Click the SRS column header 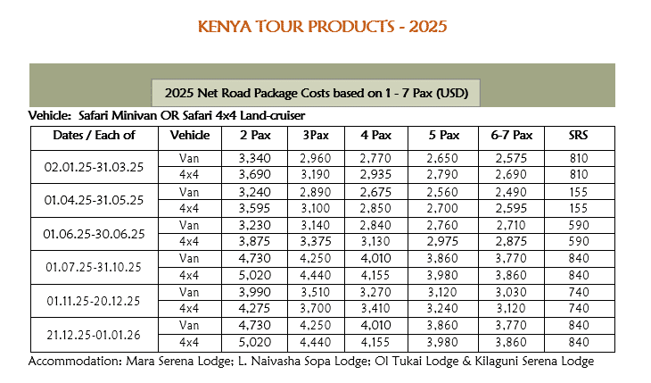(x=578, y=136)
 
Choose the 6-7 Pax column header (x=511, y=136)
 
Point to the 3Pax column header (x=315, y=136)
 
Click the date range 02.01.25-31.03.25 (x=94, y=166)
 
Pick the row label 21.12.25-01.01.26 (x=94, y=335)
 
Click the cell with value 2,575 (x=511, y=158)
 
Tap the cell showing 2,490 (x=511, y=191)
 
